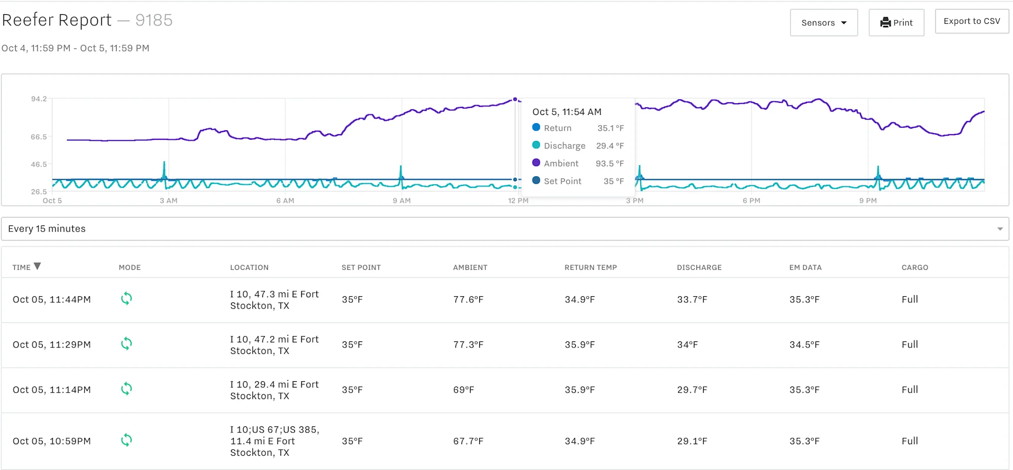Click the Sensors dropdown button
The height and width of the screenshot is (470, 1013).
824,23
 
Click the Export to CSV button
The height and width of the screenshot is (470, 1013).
971,21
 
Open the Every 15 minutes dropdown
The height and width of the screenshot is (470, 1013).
504,229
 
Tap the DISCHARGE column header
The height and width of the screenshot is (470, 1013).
699,267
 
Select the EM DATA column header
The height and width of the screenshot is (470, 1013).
805,267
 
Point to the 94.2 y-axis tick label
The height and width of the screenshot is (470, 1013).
39,99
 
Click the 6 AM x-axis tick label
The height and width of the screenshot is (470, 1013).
285,201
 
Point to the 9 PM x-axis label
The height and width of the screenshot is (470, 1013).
868,201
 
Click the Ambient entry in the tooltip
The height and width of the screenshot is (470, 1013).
561,164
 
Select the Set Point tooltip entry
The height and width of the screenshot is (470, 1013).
562,181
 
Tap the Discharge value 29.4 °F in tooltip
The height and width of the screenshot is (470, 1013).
610,146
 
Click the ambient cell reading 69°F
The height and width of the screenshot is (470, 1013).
463,390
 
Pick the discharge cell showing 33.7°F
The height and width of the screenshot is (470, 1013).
692,300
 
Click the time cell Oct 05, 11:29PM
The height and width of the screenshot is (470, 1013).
52,345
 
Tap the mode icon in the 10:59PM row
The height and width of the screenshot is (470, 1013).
127,440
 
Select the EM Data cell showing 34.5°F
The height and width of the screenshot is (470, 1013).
804,345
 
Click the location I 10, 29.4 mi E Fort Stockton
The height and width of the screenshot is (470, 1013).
274,390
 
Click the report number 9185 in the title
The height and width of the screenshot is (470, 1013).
154,20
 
